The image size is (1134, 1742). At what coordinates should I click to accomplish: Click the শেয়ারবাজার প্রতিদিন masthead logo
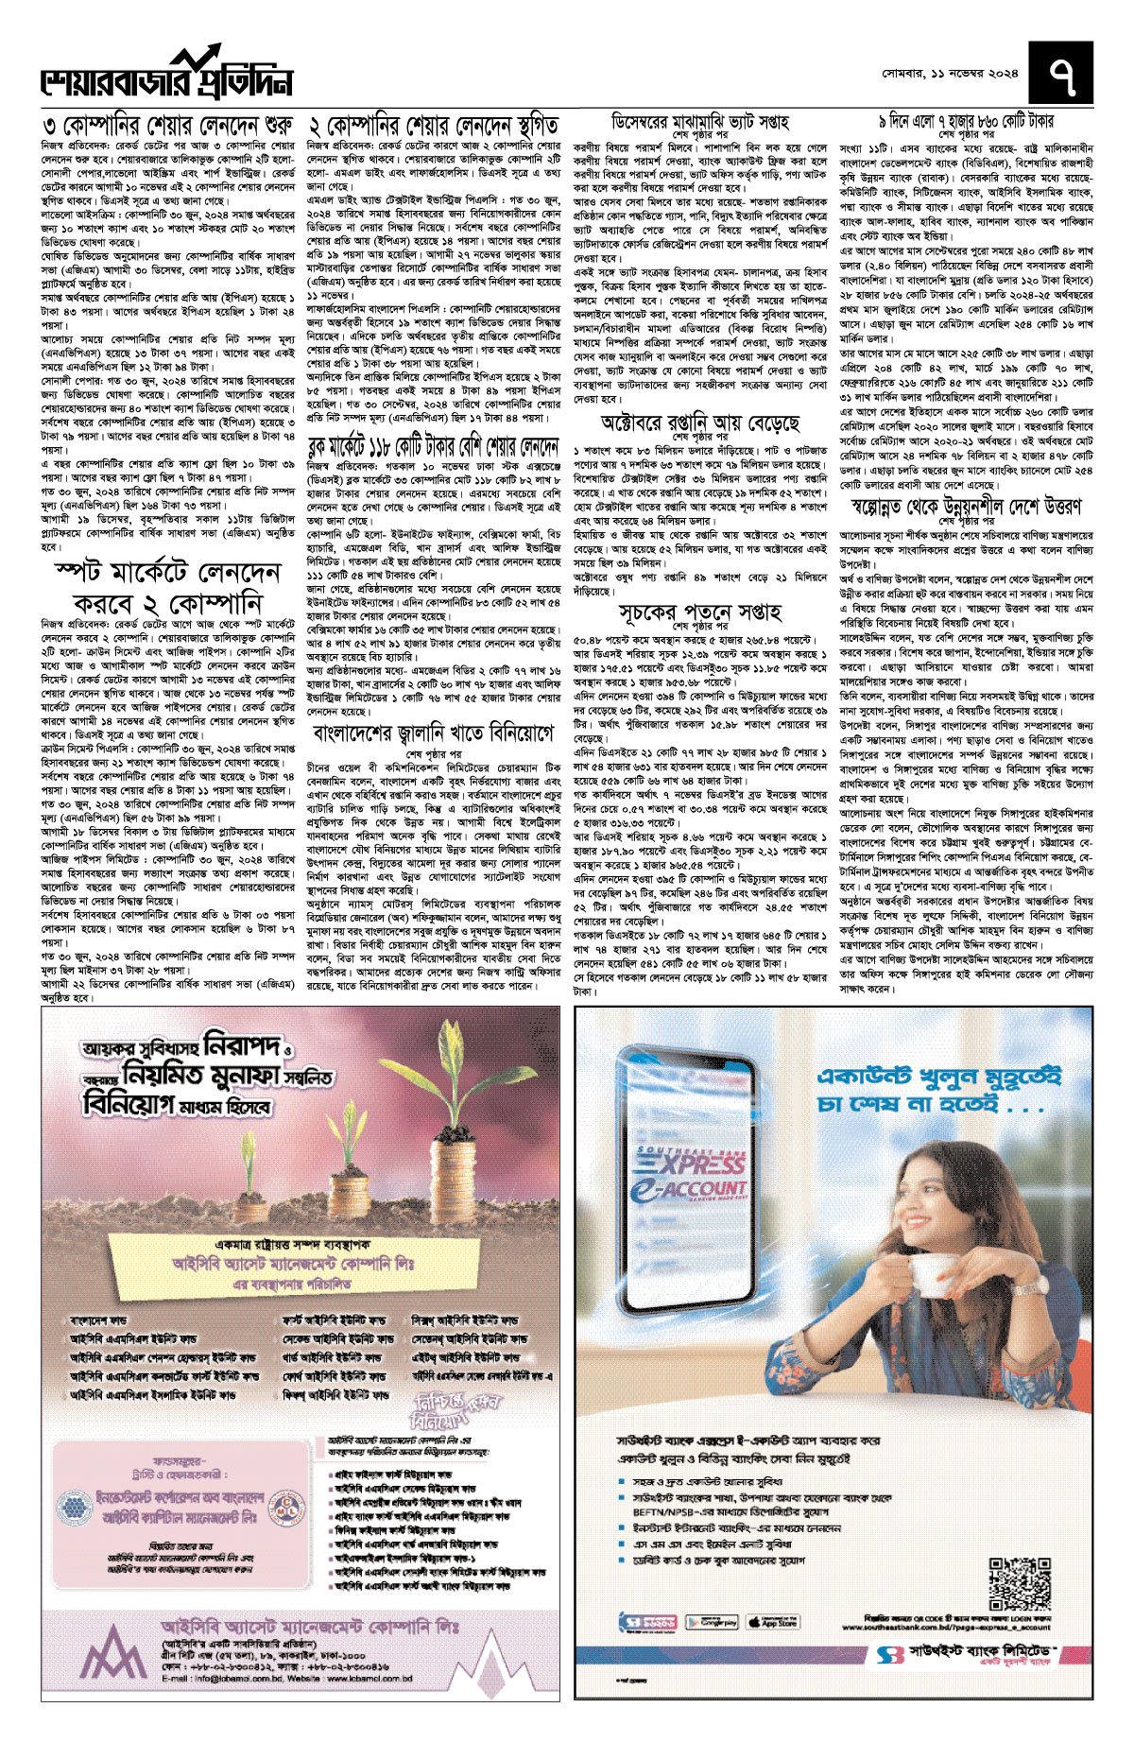165,79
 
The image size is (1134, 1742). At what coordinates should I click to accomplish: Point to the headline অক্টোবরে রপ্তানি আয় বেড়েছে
700,421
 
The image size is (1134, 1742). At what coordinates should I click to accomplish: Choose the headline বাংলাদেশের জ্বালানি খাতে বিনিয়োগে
434,733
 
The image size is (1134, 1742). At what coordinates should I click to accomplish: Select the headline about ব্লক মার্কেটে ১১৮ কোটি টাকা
434,447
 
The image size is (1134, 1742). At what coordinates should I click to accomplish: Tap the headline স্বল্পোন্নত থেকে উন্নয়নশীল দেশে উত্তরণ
966,507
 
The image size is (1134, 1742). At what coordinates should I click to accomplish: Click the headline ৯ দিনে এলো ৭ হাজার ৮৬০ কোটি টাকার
966,121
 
